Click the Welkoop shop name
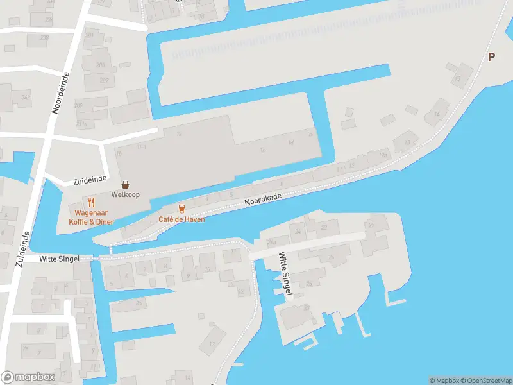pos(125,194)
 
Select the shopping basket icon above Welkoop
pos(125,184)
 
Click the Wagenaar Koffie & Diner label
pos(94,217)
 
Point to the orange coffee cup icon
pos(181,209)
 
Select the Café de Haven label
pos(181,219)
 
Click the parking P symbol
pos(491,56)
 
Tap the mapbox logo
pos(28,377)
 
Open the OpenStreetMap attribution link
pos(485,381)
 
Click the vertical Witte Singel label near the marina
pos(285,274)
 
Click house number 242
pos(26,98)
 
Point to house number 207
pos(104,80)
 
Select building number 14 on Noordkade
pos(437,114)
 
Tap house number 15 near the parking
pos(457,78)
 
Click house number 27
pos(371,225)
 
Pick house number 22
pos(324,227)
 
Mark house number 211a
pos(81,123)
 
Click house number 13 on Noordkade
pos(407,142)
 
